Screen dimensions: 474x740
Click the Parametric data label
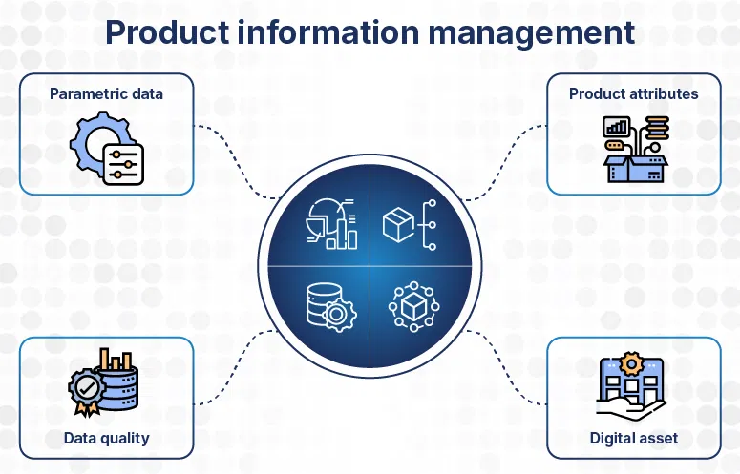click(x=107, y=93)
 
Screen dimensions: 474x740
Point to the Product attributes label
click(x=633, y=93)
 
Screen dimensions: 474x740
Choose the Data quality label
click(x=107, y=438)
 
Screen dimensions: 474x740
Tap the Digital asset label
click(x=634, y=438)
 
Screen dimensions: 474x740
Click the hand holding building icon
click(x=631, y=387)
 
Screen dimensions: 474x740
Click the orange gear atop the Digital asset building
click(x=630, y=362)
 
